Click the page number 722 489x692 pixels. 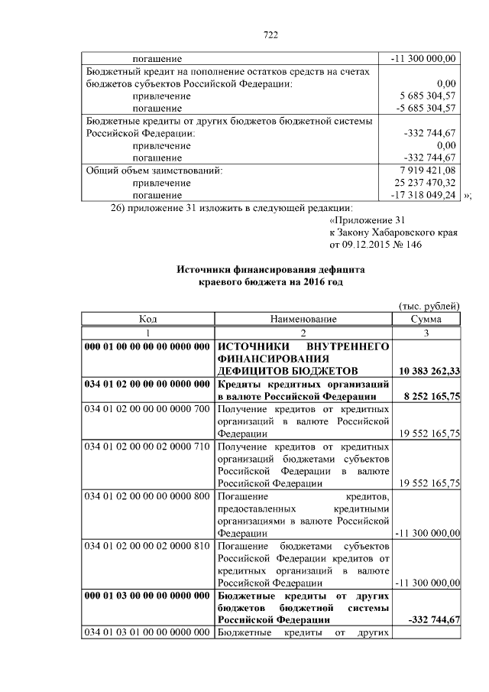tap(270, 34)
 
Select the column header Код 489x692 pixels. tap(147, 319)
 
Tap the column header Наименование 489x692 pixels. tap(303, 319)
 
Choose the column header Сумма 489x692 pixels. tap(426, 319)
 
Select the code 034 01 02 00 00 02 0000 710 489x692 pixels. tap(147, 446)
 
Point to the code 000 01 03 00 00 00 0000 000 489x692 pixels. tap(147, 594)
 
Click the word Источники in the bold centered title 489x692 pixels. tap(205, 269)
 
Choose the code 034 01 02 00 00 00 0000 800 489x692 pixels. tap(147, 495)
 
